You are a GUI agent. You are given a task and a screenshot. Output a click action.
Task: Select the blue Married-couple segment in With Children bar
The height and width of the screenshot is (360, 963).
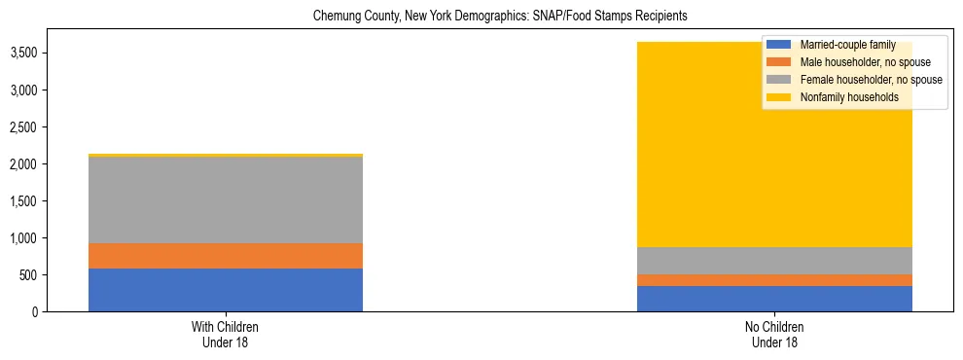click(x=226, y=290)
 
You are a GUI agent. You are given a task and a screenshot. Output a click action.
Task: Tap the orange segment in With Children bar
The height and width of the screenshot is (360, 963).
click(x=226, y=256)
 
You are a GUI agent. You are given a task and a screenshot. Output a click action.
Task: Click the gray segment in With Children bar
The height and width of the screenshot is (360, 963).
click(x=226, y=199)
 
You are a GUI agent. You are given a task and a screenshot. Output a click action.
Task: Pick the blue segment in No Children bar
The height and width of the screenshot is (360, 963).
click(x=774, y=299)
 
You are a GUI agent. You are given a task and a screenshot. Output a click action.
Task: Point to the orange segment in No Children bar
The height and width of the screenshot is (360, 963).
click(x=774, y=280)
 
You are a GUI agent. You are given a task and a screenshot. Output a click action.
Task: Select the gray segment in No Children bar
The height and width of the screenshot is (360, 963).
click(x=774, y=261)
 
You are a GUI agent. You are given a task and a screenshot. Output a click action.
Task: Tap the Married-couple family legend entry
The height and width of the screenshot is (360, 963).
click(x=842, y=45)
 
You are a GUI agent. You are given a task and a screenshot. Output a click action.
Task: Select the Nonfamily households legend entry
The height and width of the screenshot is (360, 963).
click(x=842, y=97)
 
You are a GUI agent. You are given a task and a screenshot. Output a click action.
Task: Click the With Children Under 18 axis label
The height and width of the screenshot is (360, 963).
click(x=226, y=334)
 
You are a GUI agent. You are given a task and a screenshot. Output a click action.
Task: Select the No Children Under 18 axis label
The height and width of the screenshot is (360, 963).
click(x=774, y=334)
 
